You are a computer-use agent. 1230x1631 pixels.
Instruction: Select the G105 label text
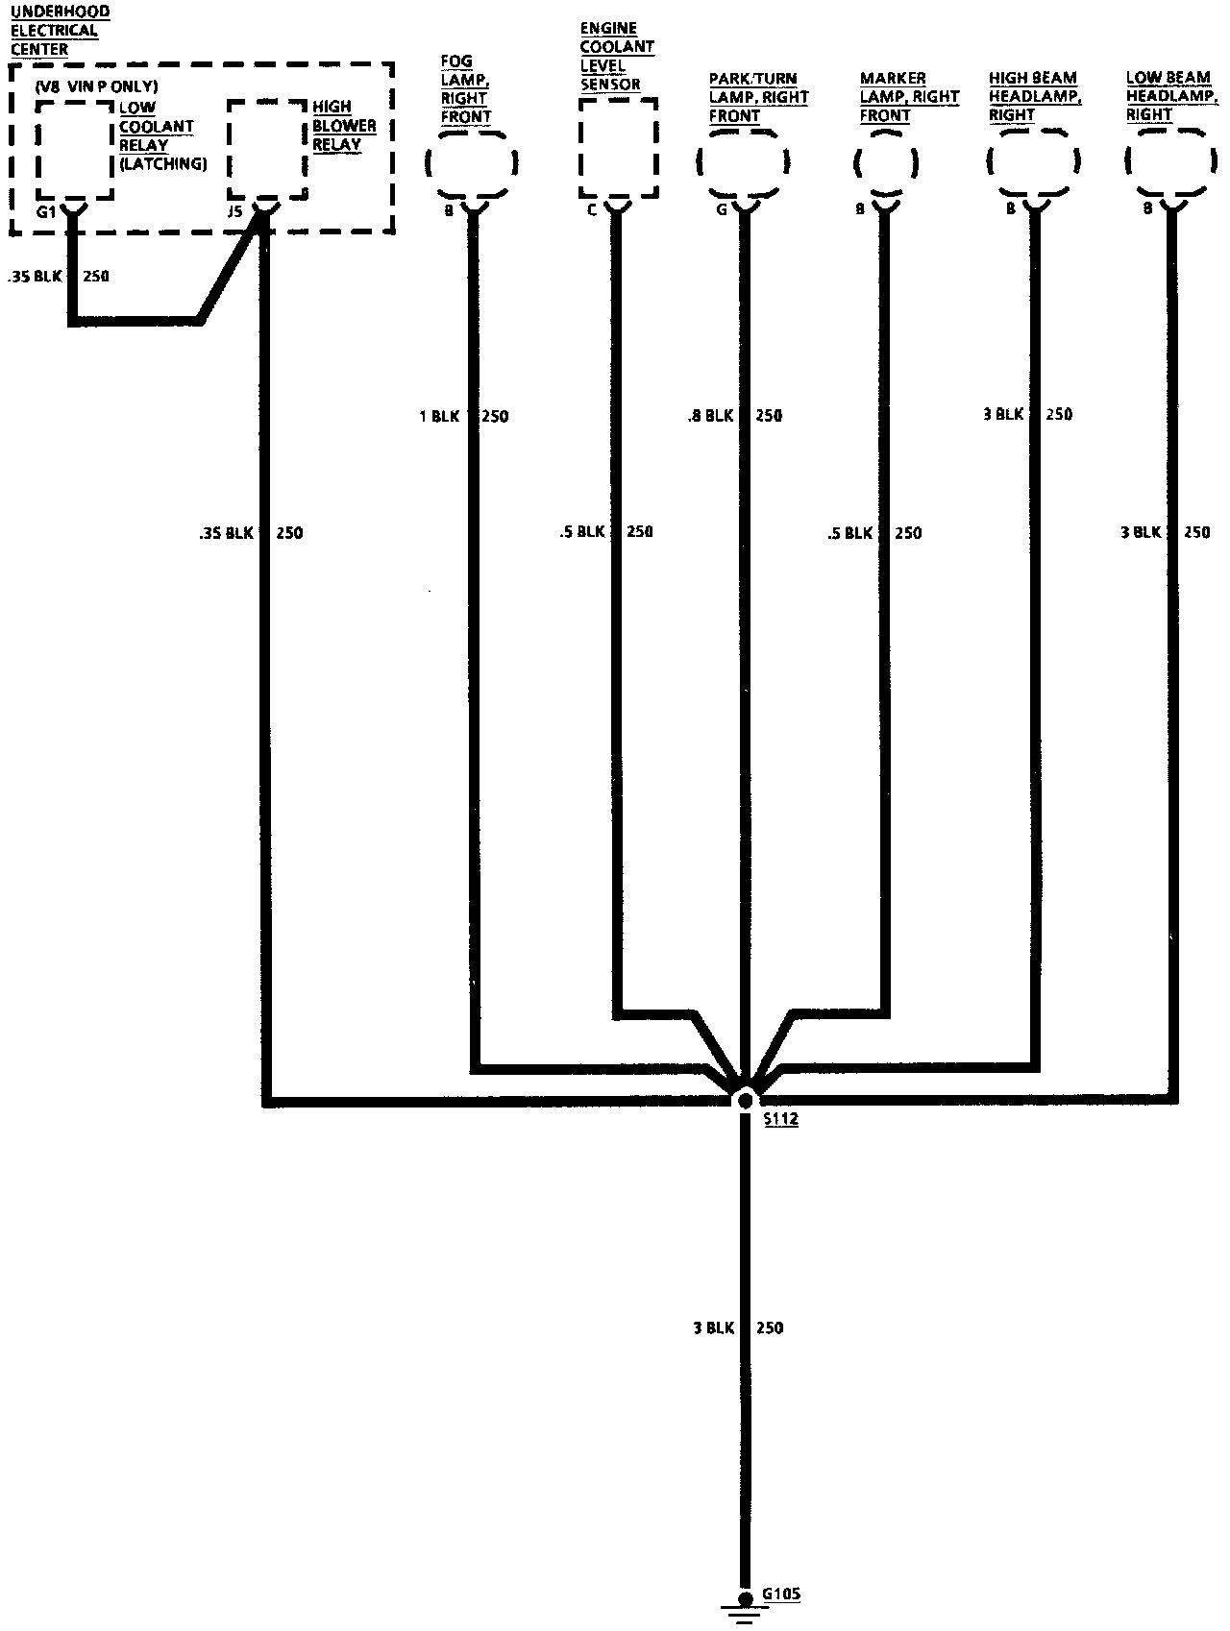point(780,1594)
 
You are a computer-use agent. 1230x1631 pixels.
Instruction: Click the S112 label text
point(780,1119)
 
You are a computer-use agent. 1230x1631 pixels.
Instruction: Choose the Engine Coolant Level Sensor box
point(618,148)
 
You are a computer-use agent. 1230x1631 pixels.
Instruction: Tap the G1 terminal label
point(45,211)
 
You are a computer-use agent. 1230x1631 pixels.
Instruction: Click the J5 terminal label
point(234,211)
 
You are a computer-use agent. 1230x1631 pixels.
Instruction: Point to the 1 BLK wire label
point(439,417)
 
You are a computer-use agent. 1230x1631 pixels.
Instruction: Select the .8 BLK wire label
point(710,416)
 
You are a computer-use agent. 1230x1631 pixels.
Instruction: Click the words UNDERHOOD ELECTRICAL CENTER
point(60,30)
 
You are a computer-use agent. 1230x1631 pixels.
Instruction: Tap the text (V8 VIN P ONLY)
point(96,86)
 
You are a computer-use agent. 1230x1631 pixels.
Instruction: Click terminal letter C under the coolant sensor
point(591,209)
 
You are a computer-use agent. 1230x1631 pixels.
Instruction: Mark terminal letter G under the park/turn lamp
point(721,209)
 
